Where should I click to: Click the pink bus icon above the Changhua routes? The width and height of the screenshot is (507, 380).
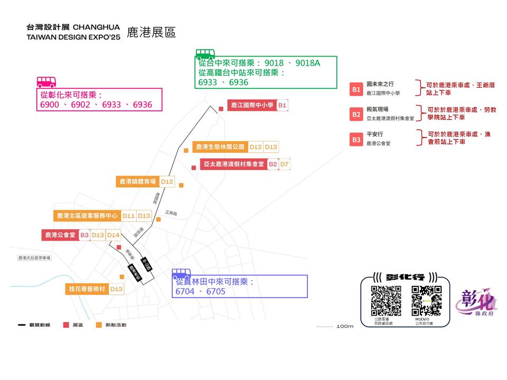coord(46,81)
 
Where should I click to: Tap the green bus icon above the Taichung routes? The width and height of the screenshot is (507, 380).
coord(205,54)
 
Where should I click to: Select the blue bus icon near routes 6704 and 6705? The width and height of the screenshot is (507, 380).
coord(181,274)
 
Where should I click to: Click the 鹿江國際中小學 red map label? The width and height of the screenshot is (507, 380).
coord(251,106)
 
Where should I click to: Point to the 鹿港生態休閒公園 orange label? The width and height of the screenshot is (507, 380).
coord(220,147)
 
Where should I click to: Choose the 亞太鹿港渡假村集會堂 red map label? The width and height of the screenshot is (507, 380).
coord(233,164)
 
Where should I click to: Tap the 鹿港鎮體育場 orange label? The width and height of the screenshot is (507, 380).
coord(137,182)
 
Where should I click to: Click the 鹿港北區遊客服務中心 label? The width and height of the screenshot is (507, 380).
coord(87,216)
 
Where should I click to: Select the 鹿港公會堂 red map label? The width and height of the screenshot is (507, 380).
coord(60,235)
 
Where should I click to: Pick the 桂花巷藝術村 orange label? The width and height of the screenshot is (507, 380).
coord(87,289)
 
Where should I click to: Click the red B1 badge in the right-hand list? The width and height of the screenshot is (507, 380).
coord(356,89)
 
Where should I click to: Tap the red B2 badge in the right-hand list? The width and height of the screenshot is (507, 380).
coord(356,114)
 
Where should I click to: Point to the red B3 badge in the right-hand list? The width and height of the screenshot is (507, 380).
coord(356,140)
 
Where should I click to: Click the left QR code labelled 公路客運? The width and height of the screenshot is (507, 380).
coord(386,300)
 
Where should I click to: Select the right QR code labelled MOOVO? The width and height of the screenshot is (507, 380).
coord(426,300)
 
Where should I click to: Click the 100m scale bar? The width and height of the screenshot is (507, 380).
coord(324,326)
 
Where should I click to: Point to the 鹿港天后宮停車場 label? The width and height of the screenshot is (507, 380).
coord(34,258)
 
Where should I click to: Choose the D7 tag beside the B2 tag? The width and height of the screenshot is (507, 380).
coord(285,164)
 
